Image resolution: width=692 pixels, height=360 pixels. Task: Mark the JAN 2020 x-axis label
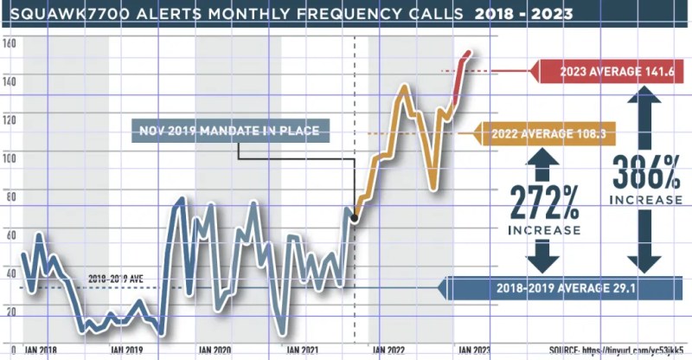[215, 350]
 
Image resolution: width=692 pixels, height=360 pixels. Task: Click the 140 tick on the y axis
[10, 80]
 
